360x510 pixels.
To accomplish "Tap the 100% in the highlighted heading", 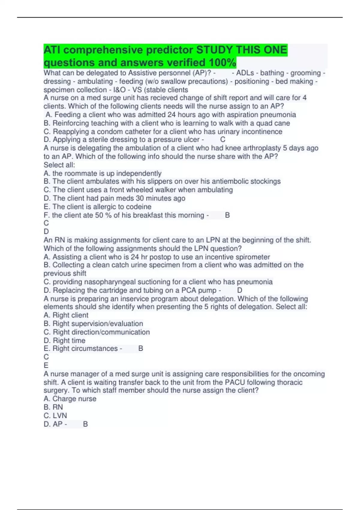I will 222,63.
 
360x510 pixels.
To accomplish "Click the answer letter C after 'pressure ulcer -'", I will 223,139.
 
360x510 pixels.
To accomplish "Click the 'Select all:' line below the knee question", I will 59,165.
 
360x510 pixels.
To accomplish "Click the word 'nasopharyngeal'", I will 108,282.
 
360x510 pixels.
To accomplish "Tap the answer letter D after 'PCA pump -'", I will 239,290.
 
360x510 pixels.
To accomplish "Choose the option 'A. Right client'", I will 66,315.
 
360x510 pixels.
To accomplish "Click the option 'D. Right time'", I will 64,340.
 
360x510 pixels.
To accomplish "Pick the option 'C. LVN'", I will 55,415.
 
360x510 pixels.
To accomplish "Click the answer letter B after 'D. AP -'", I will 85,424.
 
